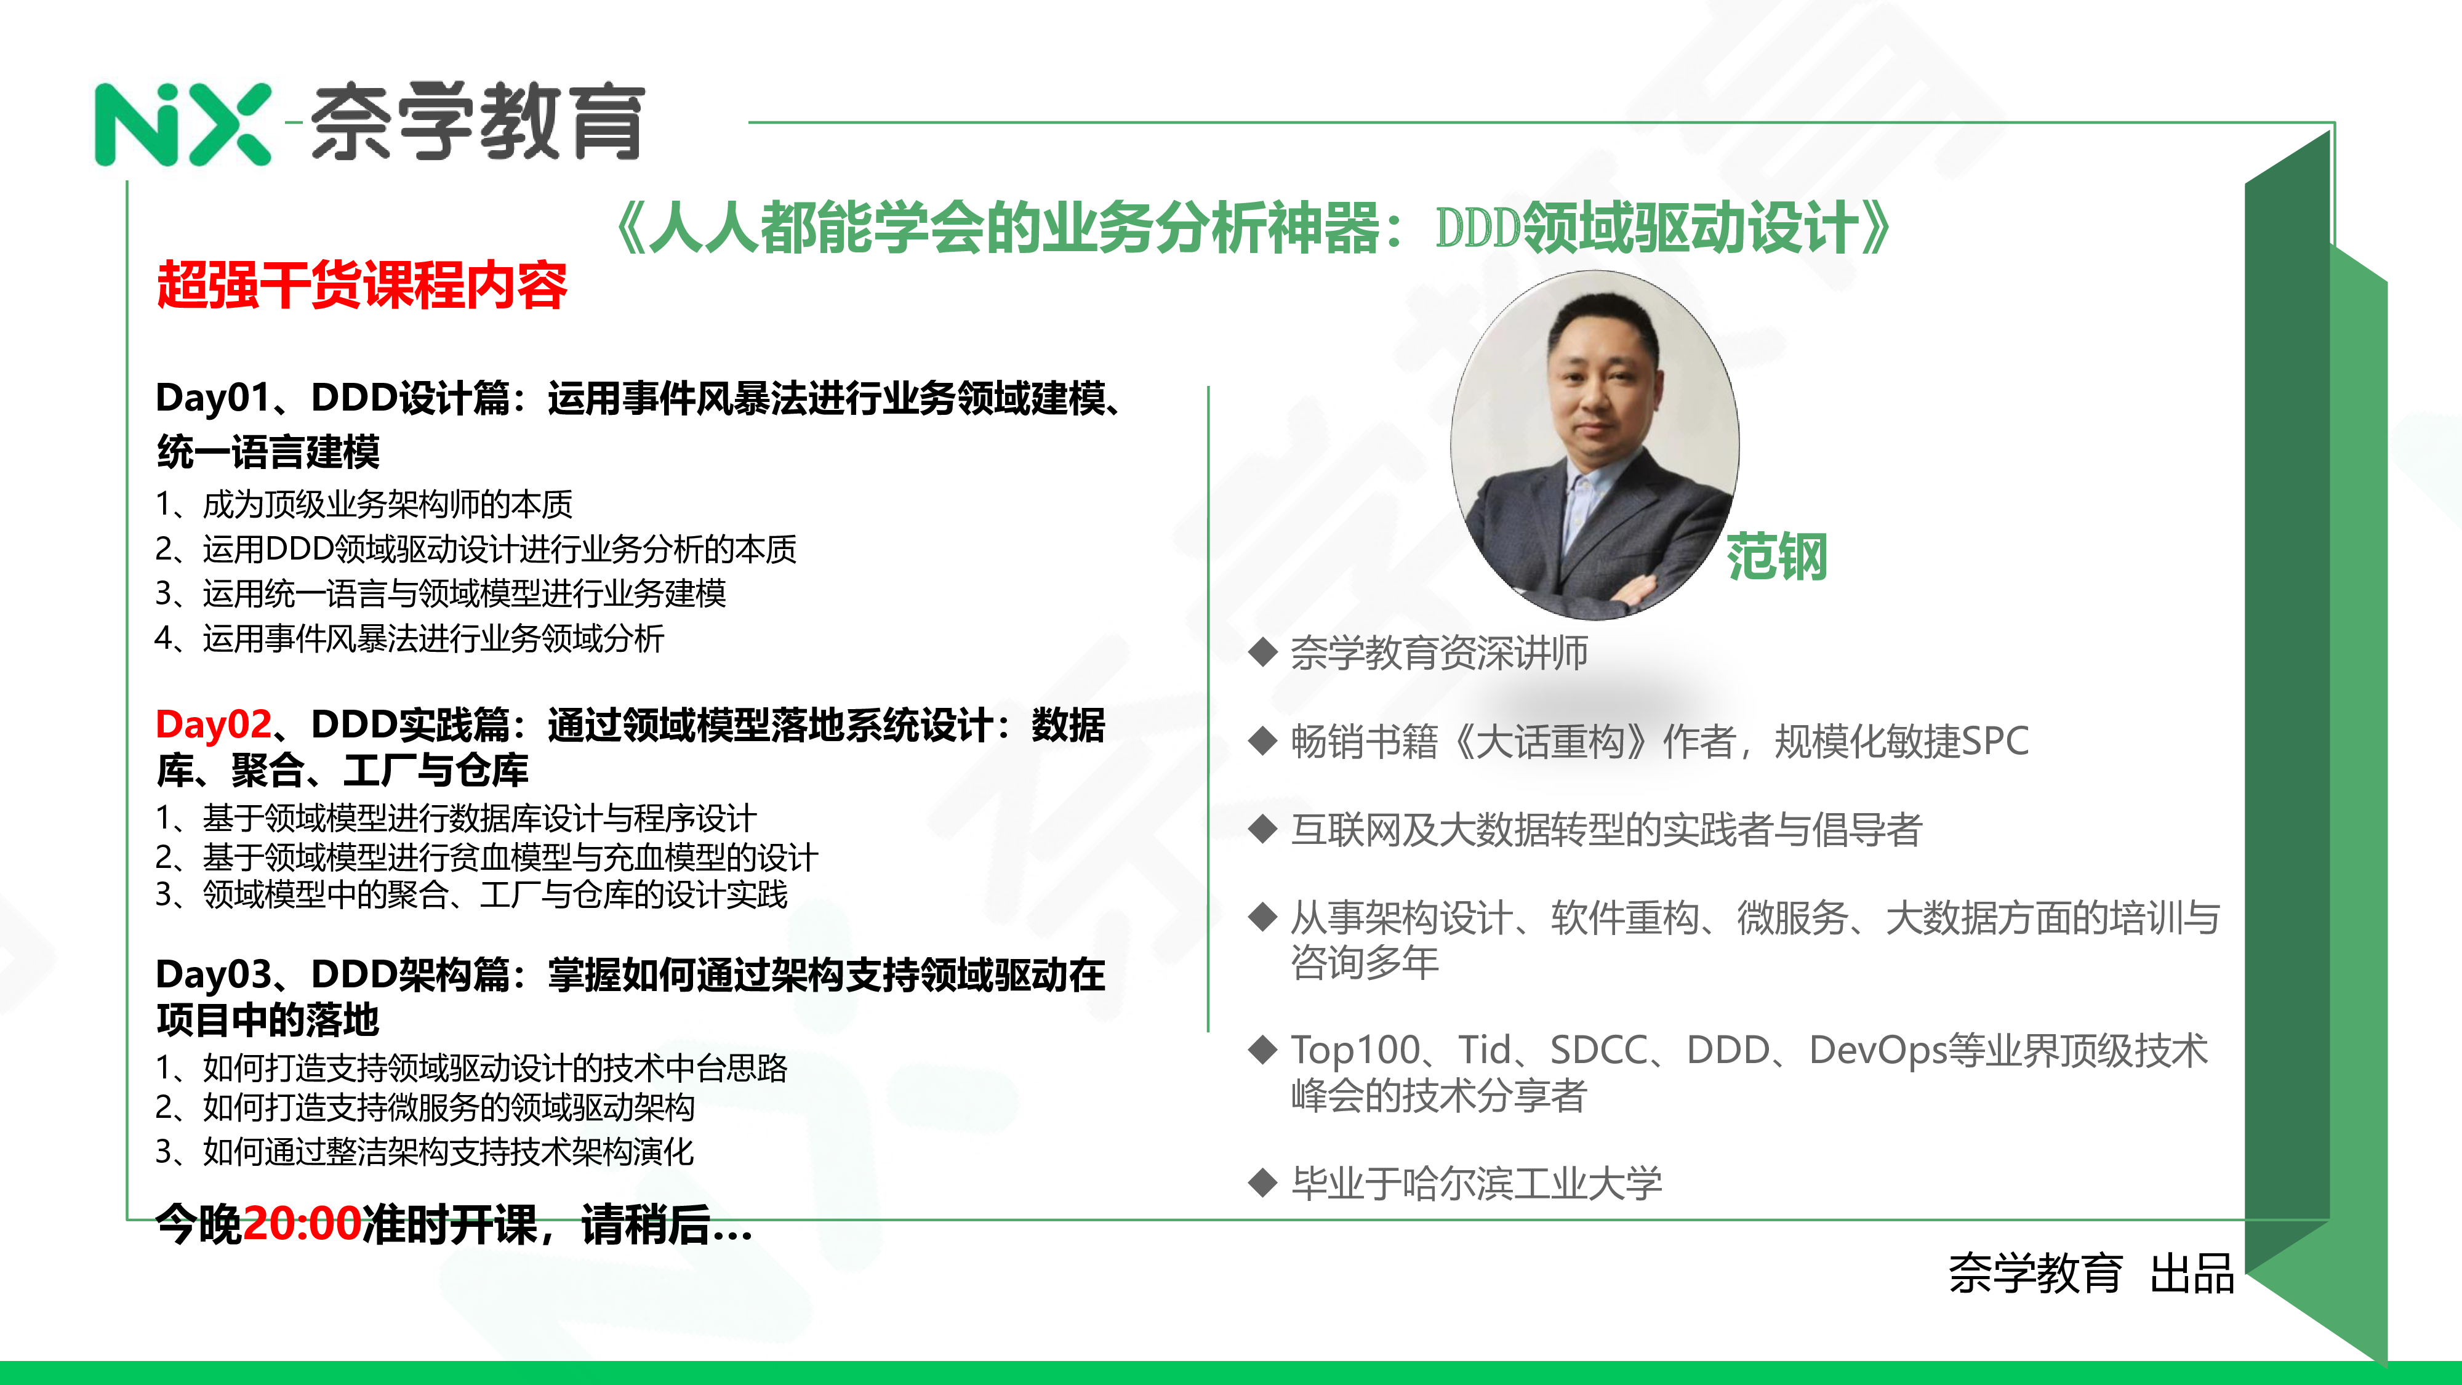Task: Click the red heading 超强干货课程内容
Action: pyautogui.click(x=363, y=285)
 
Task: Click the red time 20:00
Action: pyautogui.click(x=302, y=1224)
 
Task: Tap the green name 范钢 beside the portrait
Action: pyautogui.click(x=1777, y=557)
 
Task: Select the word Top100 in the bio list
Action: pyautogui.click(x=1355, y=1051)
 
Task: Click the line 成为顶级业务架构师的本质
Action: pyautogui.click(x=387, y=504)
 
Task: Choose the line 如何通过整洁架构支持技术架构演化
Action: pyautogui.click(x=448, y=1152)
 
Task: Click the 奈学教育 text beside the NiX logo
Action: pyautogui.click(x=478, y=122)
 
